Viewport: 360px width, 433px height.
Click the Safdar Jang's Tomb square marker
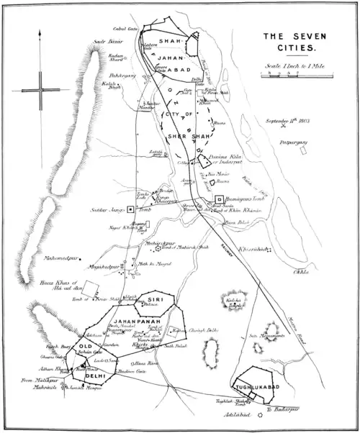[x=130, y=211]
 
